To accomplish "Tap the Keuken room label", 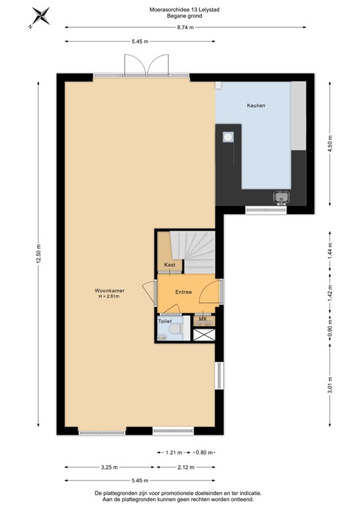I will point(256,105).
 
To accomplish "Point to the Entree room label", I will point(184,292).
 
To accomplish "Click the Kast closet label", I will point(169,264).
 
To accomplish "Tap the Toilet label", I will point(165,321).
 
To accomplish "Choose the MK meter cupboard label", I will point(203,319).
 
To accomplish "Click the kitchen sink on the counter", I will point(281,196).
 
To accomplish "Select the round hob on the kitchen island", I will point(228,137).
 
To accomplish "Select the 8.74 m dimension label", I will point(186,27).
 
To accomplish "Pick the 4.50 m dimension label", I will point(330,143).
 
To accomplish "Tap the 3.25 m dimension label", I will point(109,467).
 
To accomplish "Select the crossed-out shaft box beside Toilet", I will point(204,334).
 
